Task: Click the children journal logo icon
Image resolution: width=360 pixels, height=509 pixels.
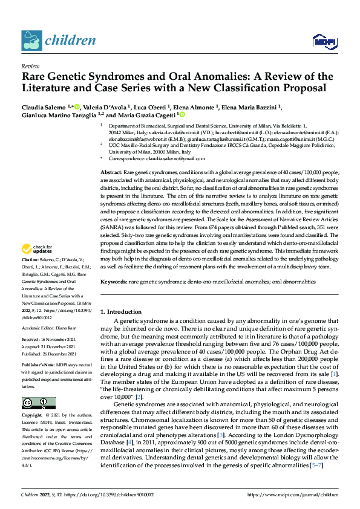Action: pyautogui.click(x=31, y=41)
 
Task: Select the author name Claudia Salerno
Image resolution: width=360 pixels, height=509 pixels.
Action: pyautogui.click(x=44, y=107)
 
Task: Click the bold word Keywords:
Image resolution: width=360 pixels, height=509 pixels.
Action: pyautogui.click(x=114, y=282)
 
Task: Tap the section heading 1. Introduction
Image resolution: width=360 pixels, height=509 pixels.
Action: pyautogui.click(x=120, y=312)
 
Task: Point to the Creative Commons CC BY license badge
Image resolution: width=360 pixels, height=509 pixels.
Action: pyautogui.click(x=39, y=403)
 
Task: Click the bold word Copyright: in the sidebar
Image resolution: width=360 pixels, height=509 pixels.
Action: pyautogui.click(x=33, y=417)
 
